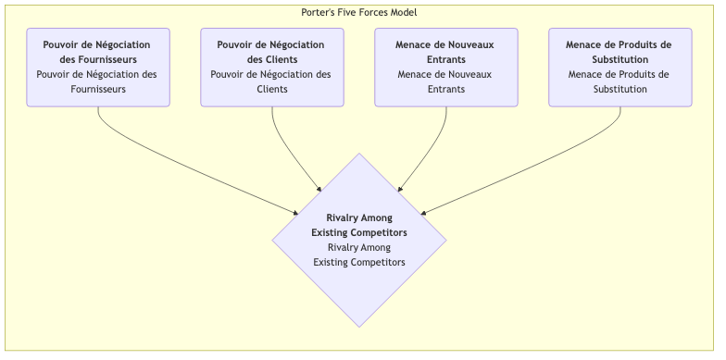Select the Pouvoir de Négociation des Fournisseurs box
pos(98,67)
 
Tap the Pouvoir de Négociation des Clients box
pos(271,67)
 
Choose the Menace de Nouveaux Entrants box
pos(445,67)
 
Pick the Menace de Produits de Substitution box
pos(620,67)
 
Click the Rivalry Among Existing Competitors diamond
pos(359,240)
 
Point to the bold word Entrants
pos(445,59)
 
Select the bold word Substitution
pos(620,59)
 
